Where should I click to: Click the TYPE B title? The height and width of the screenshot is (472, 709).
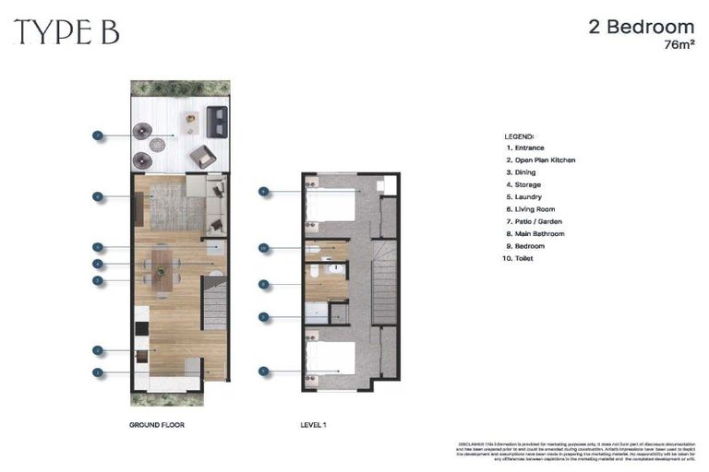(66, 32)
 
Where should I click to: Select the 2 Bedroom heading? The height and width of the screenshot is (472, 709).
(641, 27)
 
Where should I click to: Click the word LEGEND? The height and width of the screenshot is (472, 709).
(519, 136)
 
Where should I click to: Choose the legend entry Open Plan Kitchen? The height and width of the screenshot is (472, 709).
(539, 160)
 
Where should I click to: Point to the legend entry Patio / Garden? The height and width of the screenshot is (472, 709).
(534, 222)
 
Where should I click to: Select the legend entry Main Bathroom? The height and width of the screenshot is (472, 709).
(535, 234)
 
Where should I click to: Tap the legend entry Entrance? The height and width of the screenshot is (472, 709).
(523, 148)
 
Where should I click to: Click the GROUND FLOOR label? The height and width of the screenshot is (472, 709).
(158, 425)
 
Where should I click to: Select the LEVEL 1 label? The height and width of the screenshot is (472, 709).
(314, 425)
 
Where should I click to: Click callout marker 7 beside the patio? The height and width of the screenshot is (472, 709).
(97, 136)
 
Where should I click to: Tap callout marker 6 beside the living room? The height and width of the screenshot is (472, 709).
(97, 195)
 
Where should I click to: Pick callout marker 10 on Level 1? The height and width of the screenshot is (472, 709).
(263, 248)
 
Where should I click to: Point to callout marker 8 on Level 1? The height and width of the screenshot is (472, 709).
(263, 284)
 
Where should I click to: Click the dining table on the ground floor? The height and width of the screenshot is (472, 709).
(162, 268)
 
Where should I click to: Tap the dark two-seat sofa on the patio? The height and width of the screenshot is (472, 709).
(217, 121)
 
